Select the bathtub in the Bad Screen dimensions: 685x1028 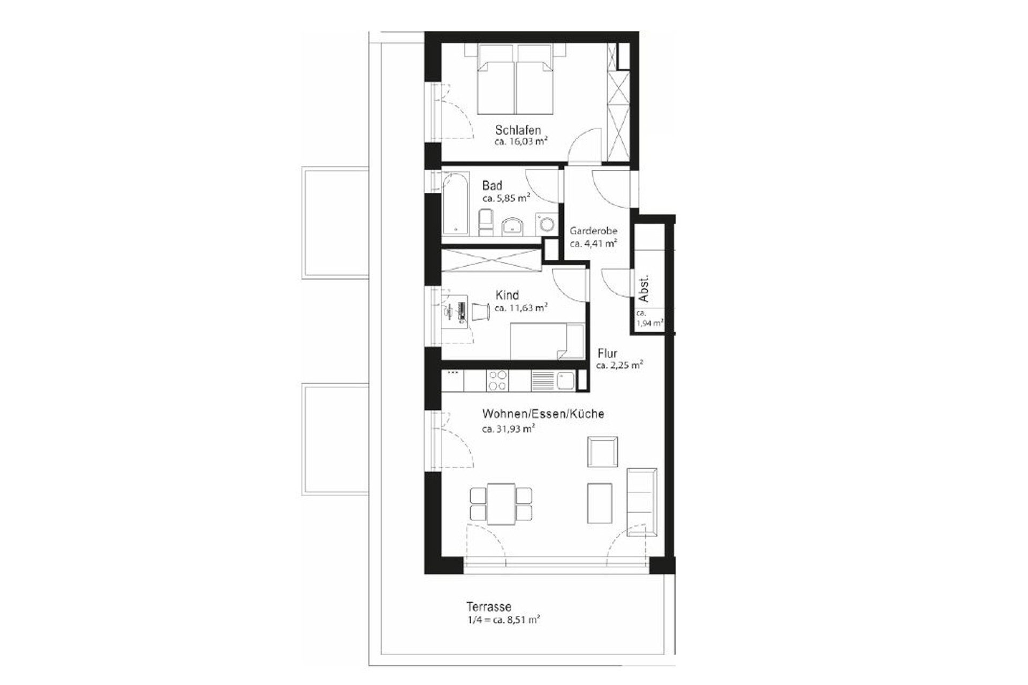pyautogui.click(x=455, y=204)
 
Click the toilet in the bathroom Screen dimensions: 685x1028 pyautogui.click(x=486, y=222)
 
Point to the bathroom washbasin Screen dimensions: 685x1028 pyautogui.click(x=512, y=225)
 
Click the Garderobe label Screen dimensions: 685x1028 pyautogui.click(x=593, y=231)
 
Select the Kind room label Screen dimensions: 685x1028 pyautogui.click(x=507, y=295)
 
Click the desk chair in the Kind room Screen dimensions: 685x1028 pyautogui.click(x=480, y=312)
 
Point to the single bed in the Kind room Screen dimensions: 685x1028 pyautogui.click(x=546, y=341)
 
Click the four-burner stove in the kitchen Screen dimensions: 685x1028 pyautogui.click(x=497, y=381)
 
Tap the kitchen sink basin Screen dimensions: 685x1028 pyautogui.click(x=565, y=381)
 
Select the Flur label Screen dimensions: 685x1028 pyautogui.click(x=607, y=353)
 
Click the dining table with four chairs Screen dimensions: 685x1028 pyautogui.click(x=501, y=504)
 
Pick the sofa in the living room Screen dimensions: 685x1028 pyautogui.click(x=641, y=502)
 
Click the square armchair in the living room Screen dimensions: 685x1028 pyautogui.click(x=602, y=451)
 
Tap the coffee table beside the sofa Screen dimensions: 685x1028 pyautogui.click(x=599, y=503)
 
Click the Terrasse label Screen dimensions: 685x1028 pyautogui.click(x=488, y=607)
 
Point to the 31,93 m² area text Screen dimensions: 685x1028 pyautogui.click(x=509, y=428)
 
